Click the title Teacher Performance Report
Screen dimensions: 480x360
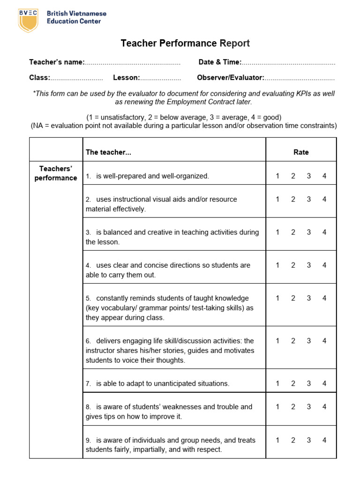[185, 44]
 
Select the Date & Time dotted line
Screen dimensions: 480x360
[289, 63]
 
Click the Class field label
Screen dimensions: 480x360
[39, 78]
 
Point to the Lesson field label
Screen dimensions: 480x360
[126, 78]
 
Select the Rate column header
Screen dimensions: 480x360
[301, 152]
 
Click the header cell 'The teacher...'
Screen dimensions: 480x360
[108, 152]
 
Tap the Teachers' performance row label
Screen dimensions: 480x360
[56, 173]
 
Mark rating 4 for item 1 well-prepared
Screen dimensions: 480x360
[324, 176]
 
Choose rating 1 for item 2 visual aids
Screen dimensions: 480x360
[277, 199]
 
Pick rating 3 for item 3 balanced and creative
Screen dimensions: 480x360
[309, 232]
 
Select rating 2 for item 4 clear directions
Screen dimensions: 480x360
[293, 265]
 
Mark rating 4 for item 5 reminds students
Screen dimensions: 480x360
[324, 298]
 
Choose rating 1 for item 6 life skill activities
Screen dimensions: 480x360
[277, 341]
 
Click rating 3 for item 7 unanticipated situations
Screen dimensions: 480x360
[309, 383]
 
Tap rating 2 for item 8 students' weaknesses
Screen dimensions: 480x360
[293, 407]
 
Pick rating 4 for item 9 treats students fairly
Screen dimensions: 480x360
[324, 440]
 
